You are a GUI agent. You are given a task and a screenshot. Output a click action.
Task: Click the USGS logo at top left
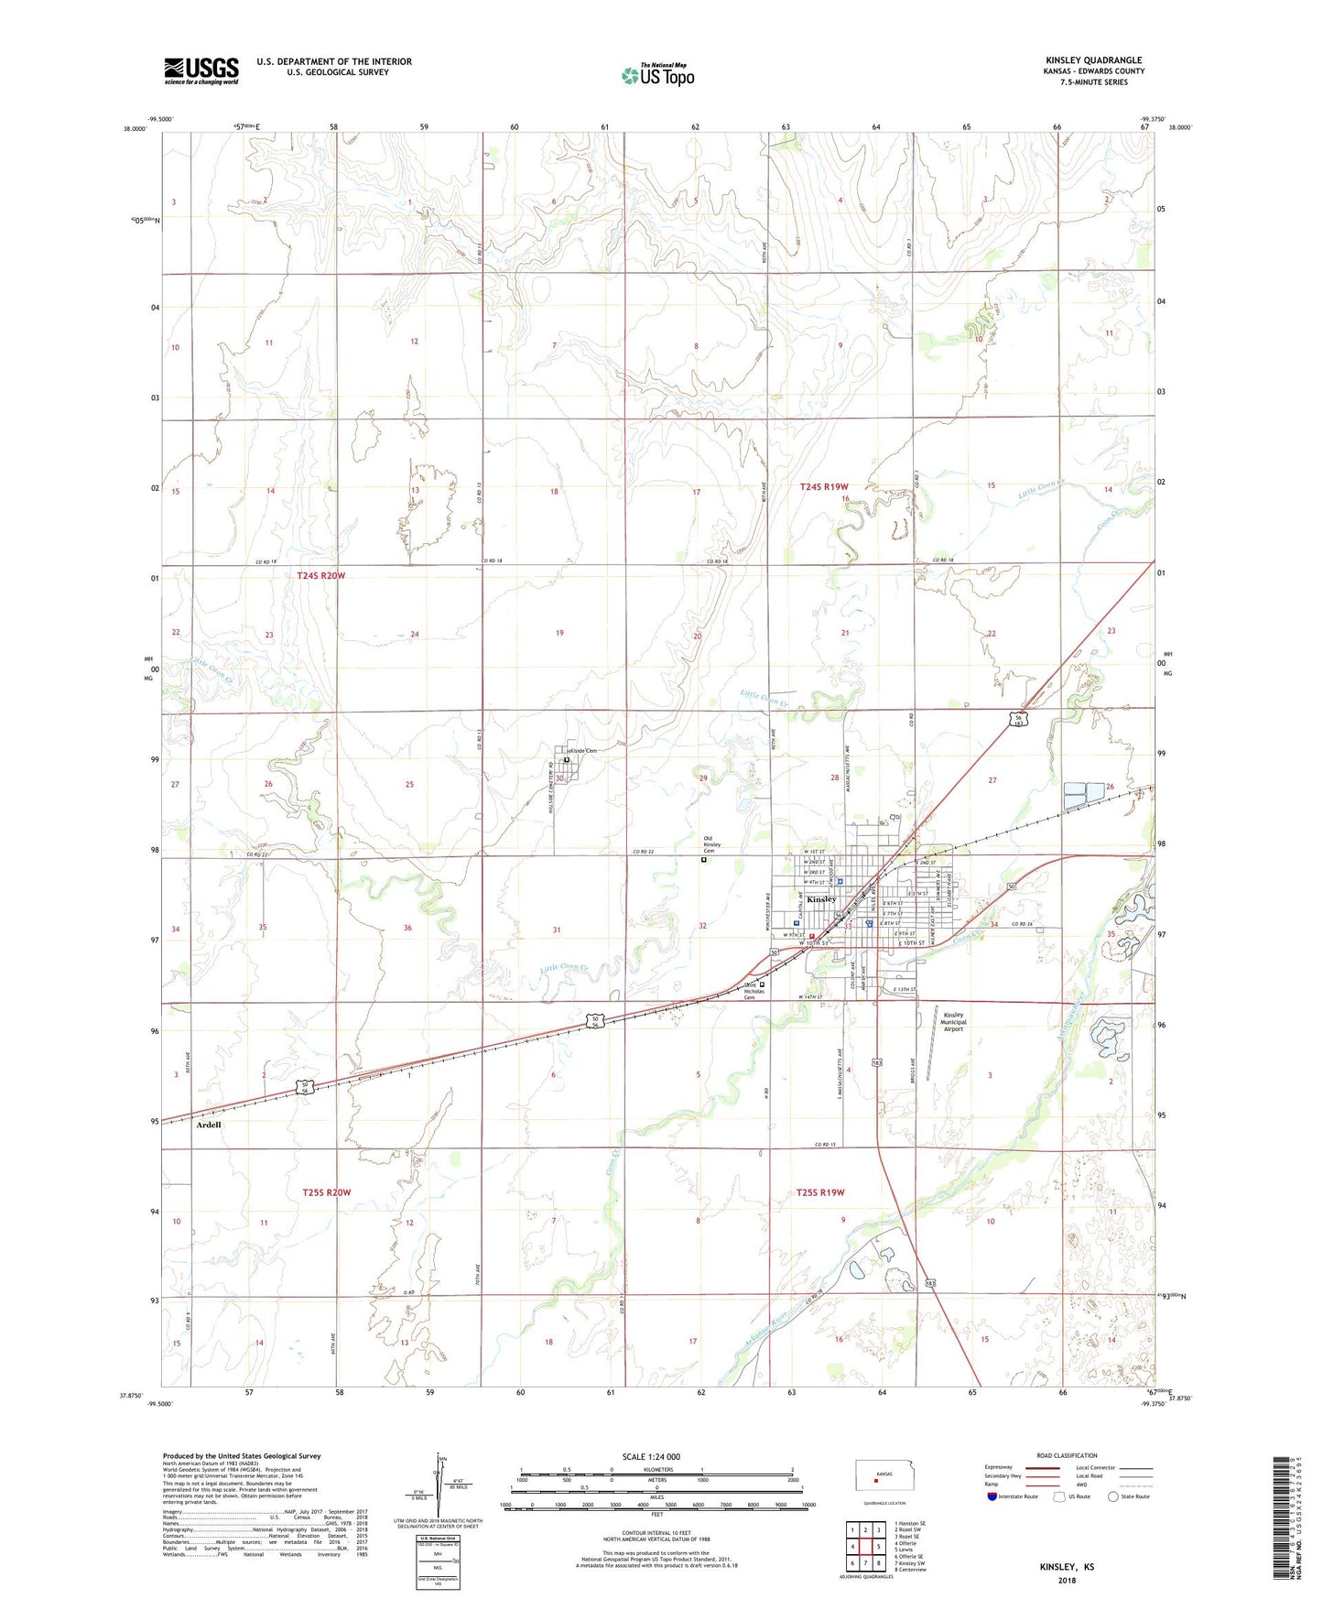click(x=201, y=71)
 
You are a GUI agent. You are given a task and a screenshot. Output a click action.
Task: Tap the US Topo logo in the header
click(x=657, y=75)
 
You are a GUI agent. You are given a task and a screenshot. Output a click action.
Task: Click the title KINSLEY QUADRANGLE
click(x=1093, y=60)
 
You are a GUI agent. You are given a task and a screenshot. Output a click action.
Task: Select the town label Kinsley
click(x=821, y=899)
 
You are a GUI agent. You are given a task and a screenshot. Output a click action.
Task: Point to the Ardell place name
click(x=209, y=1125)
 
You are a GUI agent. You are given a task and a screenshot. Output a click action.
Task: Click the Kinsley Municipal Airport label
click(x=954, y=1022)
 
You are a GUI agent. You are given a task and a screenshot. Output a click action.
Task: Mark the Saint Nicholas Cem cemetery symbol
click(x=762, y=984)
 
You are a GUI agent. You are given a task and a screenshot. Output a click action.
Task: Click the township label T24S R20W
click(x=321, y=575)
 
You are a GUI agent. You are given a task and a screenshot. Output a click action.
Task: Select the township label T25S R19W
click(x=820, y=1192)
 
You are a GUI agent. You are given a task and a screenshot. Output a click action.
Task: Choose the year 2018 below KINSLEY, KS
click(x=1066, y=1580)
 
